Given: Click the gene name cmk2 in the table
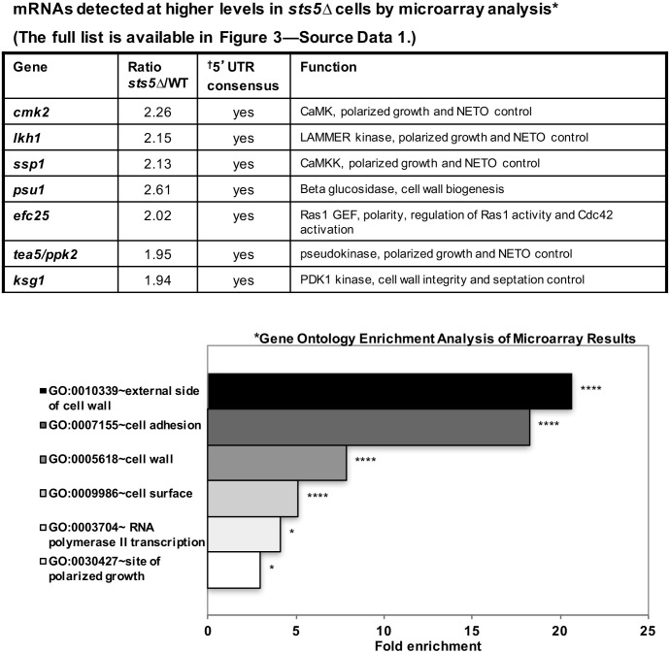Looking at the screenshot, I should [x=28, y=112].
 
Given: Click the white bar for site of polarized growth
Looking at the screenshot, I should [x=234, y=570].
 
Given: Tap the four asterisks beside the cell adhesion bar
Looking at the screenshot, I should [x=549, y=424].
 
